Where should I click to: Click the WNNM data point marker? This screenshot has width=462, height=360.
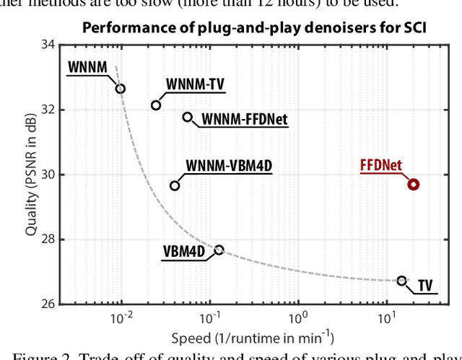121,89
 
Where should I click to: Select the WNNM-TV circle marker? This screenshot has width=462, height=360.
156,105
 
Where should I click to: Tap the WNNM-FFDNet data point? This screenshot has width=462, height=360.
188,117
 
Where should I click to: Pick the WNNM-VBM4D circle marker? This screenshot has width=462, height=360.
175,185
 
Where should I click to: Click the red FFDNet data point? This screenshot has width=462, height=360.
413,184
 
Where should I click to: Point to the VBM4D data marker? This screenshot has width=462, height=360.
219,250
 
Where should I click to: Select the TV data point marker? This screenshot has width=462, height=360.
402,281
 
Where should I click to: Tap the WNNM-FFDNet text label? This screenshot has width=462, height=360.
244,119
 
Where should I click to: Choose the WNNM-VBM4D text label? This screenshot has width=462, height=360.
230,166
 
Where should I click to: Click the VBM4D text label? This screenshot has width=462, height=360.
183,252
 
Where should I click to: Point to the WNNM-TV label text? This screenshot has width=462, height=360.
195,84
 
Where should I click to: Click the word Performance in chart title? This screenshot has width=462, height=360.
120,28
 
